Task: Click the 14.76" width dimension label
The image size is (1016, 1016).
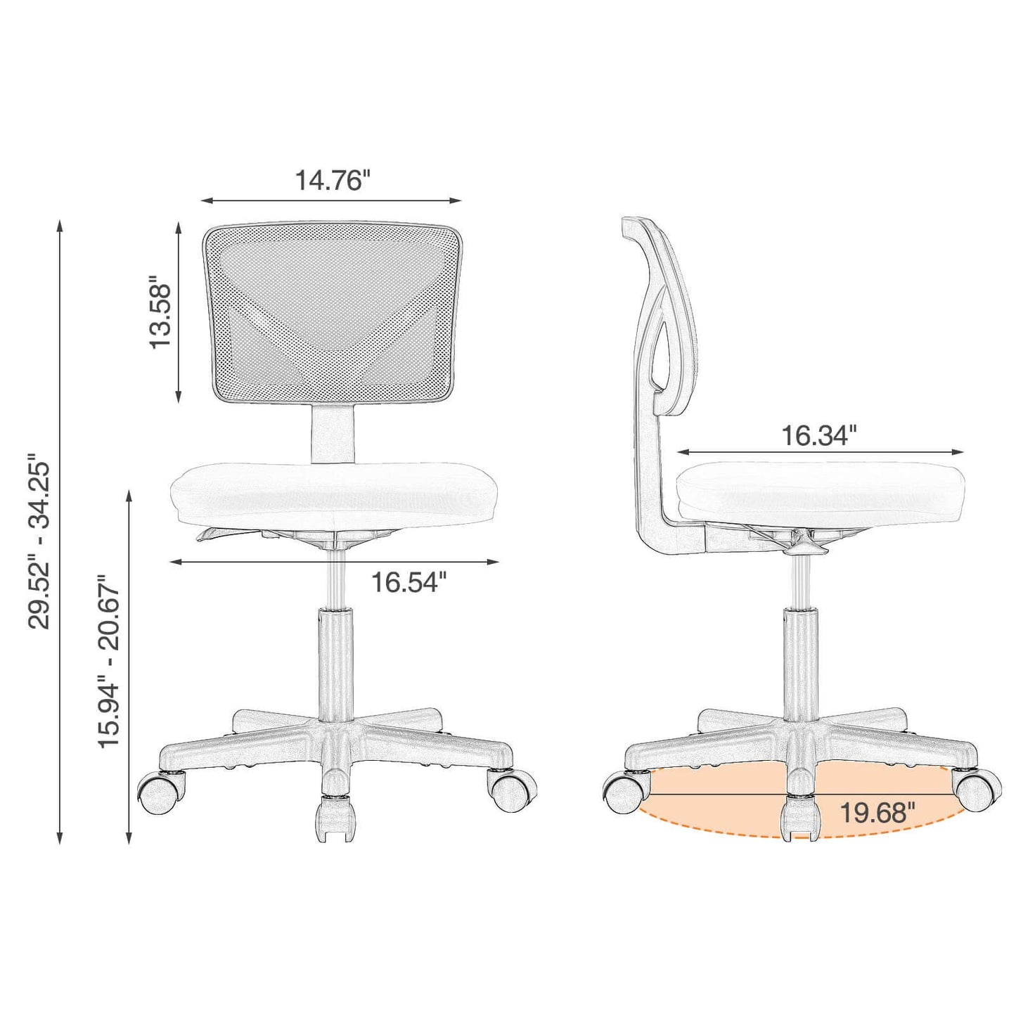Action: [331, 181]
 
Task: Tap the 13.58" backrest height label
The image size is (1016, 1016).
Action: [160, 314]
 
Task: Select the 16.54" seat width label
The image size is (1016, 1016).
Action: [409, 582]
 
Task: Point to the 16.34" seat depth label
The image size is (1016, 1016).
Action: [819, 436]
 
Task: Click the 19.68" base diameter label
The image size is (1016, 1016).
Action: [877, 814]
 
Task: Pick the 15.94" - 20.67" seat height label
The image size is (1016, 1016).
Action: [109, 662]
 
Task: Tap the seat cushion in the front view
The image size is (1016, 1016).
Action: [335, 495]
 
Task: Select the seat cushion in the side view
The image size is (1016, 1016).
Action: [820, 492]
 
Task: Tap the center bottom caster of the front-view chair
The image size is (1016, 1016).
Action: [335, 818]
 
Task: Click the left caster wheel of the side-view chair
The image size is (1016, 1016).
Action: [623, 792]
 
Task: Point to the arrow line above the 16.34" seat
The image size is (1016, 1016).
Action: [820, 453]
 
